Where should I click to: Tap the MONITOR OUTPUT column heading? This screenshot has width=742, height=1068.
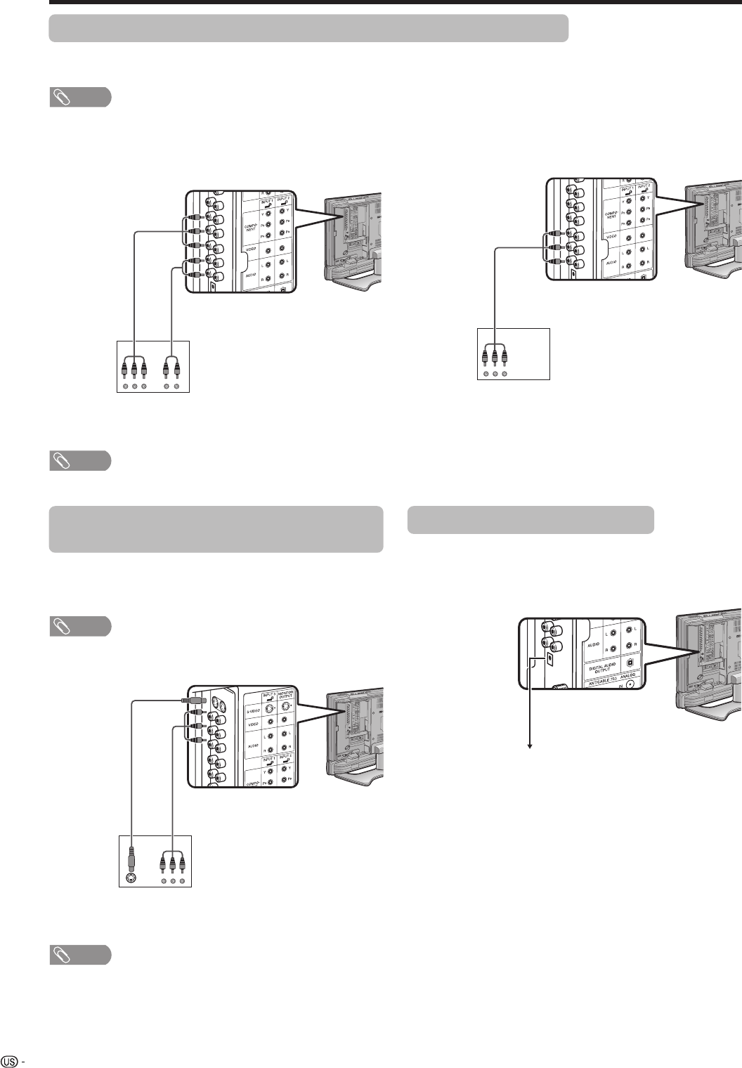(285, 697)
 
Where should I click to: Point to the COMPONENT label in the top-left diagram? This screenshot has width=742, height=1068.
(251, 228)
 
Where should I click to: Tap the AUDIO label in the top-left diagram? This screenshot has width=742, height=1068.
(251, 278)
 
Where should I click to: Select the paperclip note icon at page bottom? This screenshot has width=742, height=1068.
(80, 954)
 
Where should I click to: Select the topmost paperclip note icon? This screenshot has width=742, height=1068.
(80, 97)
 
